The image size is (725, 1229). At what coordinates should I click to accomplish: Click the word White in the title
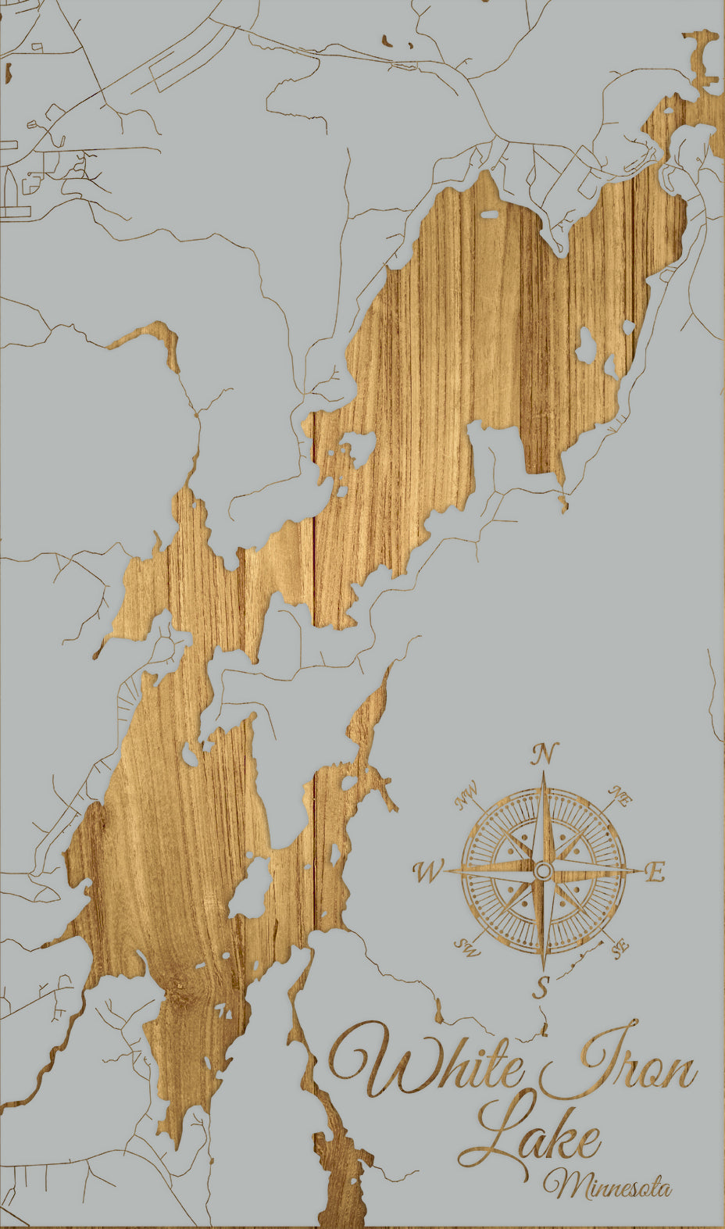426,1064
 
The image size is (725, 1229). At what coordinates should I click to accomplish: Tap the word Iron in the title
617,1064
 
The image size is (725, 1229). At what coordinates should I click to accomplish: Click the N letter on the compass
545,754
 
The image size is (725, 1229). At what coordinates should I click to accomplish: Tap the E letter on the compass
655,871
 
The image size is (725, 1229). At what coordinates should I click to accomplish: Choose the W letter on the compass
429,870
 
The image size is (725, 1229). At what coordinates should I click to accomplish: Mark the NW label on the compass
466,797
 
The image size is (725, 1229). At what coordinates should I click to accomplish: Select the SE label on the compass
620,949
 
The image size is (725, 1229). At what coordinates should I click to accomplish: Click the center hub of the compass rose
544,870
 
